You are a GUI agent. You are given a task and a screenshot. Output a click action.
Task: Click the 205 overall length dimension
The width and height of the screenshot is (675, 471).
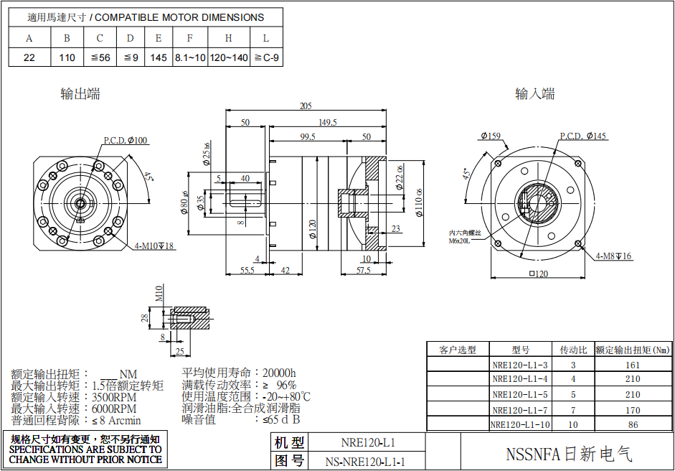[x=306, y=106]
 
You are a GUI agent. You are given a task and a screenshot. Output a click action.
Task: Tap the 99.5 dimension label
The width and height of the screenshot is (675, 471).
[x=308, y=137]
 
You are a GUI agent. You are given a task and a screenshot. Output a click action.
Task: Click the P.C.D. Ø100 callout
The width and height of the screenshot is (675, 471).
[x=126, y=140]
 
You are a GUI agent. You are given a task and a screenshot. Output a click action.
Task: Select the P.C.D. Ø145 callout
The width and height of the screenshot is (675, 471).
[x=582, y=136]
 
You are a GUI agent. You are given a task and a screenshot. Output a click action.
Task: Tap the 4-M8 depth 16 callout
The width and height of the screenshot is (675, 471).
[x=613, y=256]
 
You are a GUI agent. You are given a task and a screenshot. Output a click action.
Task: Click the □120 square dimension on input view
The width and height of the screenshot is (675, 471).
[x=538, y=274]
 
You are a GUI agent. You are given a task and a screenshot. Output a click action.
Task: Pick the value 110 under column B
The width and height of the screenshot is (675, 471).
[x=67, y=57]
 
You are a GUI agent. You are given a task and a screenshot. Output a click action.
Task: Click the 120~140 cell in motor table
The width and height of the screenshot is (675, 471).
[x=229, y=57]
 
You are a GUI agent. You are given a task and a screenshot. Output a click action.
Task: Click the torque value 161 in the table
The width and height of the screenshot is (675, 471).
[x=632, y=365]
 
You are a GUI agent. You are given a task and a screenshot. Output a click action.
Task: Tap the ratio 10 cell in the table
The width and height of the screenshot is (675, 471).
[x=572, y=425]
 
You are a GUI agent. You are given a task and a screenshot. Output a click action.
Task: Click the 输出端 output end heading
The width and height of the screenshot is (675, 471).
[x=80, y=94]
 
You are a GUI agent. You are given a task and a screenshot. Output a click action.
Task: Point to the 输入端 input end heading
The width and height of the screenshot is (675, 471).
[x=535, y=94]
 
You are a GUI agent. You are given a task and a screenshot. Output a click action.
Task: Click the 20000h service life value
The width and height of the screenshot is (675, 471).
[x=279, y=373]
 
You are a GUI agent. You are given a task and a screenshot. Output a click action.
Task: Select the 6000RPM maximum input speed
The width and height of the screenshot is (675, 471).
[x=114, y=409]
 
